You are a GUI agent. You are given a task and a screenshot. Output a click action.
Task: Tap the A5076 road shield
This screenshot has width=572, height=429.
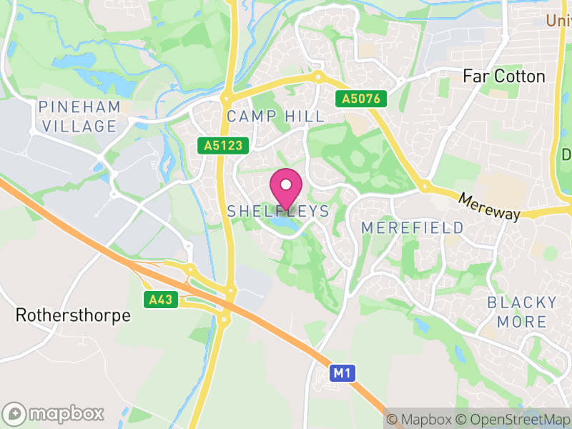tap(363, 99)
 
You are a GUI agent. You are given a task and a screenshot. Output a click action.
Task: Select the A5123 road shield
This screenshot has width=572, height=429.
tap(223, 146)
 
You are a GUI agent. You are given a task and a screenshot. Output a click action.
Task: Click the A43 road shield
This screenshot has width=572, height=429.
tap(161, 300)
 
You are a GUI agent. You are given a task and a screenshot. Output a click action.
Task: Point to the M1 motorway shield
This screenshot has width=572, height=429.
tap(343, 373)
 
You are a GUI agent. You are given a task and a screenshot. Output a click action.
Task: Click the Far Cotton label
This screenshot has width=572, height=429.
tap(503, 76)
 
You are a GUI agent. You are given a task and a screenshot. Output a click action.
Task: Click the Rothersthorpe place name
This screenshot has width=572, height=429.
tap(74, 315)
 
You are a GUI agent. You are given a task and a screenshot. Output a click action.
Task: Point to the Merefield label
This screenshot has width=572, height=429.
tap(413, 227)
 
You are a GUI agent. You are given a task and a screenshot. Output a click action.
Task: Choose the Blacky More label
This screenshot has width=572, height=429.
tap(522, 312)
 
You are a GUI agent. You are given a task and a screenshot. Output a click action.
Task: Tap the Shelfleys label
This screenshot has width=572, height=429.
tap(278, 211)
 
